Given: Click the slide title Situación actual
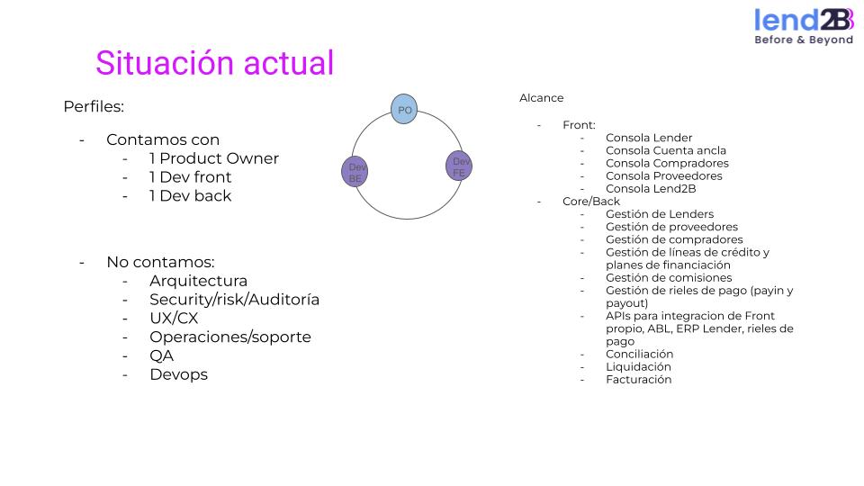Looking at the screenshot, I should pyautogui.click(x=214, y=63).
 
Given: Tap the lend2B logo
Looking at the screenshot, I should pyautogui.click(x=803, y=26).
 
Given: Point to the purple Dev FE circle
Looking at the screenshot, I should pyautogui.click(x=459, y=166).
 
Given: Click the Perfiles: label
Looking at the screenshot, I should pyautogui.click(x=94, y=106).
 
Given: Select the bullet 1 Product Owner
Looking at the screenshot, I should pyautogui.click(x=214, y=158).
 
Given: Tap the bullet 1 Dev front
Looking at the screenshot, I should pyautogui.click(x=191, y=177).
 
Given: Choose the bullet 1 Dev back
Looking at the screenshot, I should pyautogui.click(x=190, y=195).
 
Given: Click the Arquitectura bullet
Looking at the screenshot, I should pyautogui.click(x=198, y=281).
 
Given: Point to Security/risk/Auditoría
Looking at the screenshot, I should pyautogui.click(x=234, y=300).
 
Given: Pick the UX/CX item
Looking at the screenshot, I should pyautogui.click(x=174, y=319).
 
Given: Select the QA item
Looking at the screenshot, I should pyautogui.click(x=162, y=355).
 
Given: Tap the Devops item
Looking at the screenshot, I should pyautogui.click(x=178, y=374).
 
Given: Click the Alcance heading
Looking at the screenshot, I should pyautogui.click(x=541, y=97).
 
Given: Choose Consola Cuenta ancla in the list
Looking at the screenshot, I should pyautogui.click(x=666, y=150).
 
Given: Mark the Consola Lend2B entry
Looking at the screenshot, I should pyautogui.click(x=651, y=188).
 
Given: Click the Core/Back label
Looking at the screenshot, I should pyautogui.click(x=591, y=201).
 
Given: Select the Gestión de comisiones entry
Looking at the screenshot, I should pyautogui.click(x=669, y=277).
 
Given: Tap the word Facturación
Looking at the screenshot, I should pyautogui.click(x=638, y=379).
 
